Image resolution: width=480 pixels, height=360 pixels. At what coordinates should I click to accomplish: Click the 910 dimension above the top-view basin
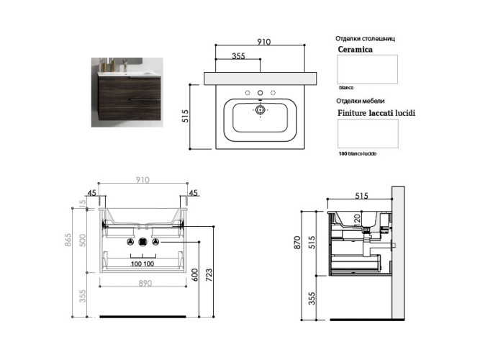click(x=263, y=42)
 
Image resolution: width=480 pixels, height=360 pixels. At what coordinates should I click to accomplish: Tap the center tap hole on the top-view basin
click(x=261, y=93)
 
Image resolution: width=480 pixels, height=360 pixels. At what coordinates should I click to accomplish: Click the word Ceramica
click(x=355, y=50)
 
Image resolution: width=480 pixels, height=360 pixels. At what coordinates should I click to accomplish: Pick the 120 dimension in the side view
click(x=356, y=218)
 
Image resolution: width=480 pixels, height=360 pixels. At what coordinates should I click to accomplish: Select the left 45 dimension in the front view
click(x=91, y=192)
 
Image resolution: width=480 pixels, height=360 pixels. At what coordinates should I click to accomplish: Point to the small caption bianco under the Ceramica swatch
click(x=347, y=87)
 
